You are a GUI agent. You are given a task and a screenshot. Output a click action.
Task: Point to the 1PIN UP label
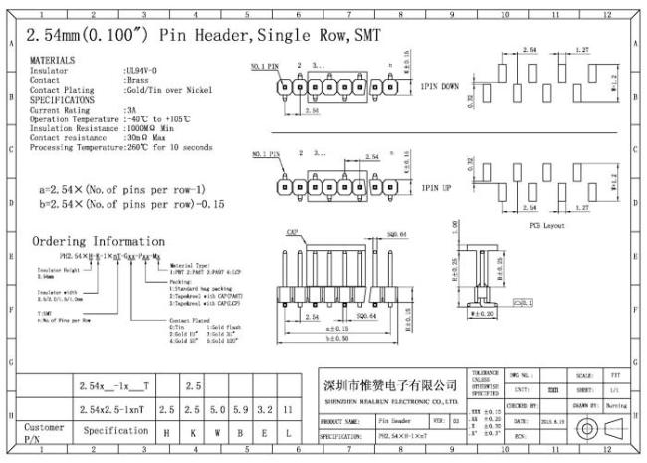coord(435,187)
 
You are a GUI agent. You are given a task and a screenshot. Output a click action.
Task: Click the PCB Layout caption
coord(547,226)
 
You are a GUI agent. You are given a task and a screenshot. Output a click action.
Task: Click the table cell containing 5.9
coord(239,409)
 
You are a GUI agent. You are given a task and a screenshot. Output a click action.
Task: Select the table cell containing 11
coord(289,409)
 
